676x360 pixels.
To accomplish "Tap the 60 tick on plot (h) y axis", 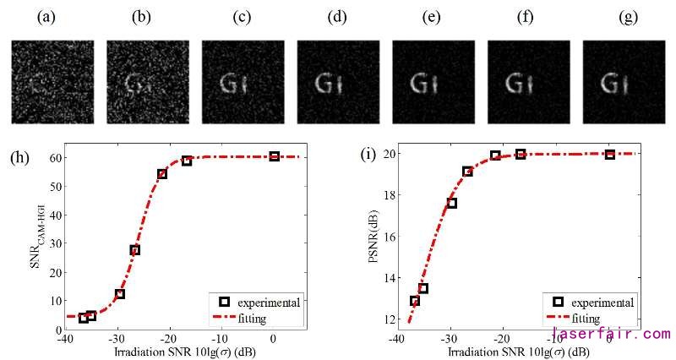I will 52,157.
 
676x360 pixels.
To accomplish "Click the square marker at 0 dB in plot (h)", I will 275,156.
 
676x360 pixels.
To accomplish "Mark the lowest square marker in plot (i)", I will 415,301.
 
